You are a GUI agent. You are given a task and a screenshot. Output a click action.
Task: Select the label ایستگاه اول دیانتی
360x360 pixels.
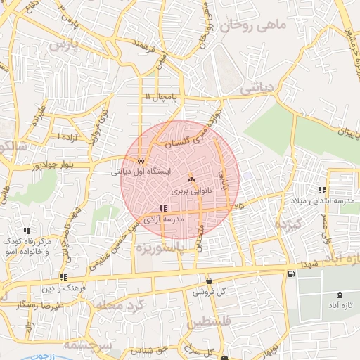141,171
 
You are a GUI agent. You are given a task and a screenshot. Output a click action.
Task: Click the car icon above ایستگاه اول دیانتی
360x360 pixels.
142,159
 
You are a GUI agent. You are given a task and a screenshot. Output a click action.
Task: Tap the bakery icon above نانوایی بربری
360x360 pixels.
191,180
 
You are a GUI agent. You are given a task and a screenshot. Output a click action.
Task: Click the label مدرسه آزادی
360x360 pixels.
163,219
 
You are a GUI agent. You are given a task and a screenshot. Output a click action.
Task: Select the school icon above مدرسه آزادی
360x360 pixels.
164,208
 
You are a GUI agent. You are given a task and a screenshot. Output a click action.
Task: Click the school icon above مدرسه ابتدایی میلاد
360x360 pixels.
322,190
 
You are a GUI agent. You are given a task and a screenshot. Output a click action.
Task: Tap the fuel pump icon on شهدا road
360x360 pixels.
291,274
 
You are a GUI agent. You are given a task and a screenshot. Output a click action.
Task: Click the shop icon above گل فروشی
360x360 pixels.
209,280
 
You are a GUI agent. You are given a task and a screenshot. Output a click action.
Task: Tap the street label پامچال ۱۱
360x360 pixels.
163,96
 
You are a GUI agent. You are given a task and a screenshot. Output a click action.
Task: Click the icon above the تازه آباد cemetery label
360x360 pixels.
341,294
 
